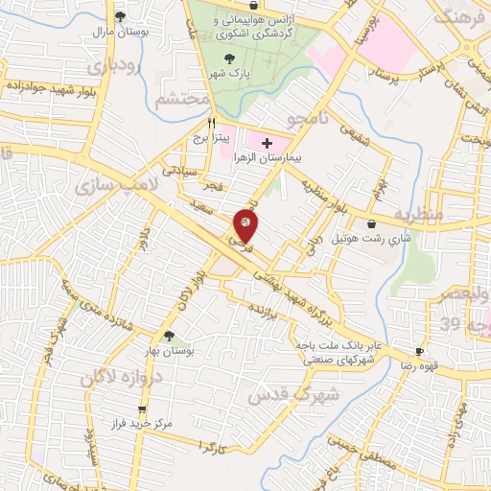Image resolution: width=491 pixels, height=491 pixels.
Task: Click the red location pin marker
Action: pyautogui.click(x=245, y=226)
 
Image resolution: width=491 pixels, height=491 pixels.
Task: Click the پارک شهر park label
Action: pyautogui.click(x=229, y=73)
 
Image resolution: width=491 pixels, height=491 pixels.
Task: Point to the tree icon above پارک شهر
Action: pyautogui.click(x=228, y=59)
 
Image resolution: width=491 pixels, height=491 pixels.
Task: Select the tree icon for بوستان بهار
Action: pyautogui.click(x=170, y=337)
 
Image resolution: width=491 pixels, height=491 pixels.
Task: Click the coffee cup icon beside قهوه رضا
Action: pyautogui.click(x=418, y=352)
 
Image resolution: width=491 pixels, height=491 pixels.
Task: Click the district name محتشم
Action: pyautogui.click(x=182, y=99)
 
